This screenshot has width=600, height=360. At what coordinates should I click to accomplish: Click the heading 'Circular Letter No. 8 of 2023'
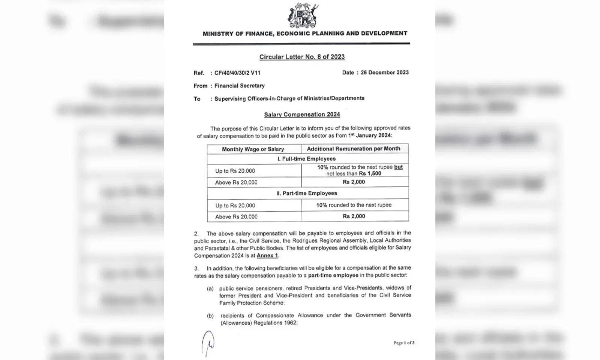pos(302,57)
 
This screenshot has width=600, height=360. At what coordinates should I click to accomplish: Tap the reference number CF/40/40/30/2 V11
pos(237,73)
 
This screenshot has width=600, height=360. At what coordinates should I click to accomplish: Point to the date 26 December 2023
pos(385,73)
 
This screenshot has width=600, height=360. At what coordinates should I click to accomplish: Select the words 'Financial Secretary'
pos(239,86)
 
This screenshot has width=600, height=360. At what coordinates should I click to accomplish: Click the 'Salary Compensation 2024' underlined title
pos(302,115)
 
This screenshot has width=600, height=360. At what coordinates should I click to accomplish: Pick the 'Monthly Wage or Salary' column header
pos(253,149)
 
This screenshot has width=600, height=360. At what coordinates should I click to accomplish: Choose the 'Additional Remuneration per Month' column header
pos(354,149)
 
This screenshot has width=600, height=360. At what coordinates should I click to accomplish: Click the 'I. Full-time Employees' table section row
pos(306,159)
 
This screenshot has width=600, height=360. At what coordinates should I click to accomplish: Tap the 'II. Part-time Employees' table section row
pos(307,193)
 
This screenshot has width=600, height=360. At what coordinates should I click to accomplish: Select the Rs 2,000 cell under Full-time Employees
pos(354,182)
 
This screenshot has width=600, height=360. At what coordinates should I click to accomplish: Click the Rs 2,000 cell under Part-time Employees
pos(354,216)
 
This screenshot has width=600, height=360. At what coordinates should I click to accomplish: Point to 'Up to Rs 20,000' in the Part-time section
pos(235,205)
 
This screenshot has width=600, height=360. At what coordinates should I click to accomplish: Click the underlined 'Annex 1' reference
pos(267,256)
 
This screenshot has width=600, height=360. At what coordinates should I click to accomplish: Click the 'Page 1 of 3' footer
pos(404,343)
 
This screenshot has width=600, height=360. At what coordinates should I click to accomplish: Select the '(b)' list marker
pos(210,316)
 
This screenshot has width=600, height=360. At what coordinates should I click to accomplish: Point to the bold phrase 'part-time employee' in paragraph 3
pos(333,276)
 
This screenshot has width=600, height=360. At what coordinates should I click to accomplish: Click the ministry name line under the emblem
pos(305,34)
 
